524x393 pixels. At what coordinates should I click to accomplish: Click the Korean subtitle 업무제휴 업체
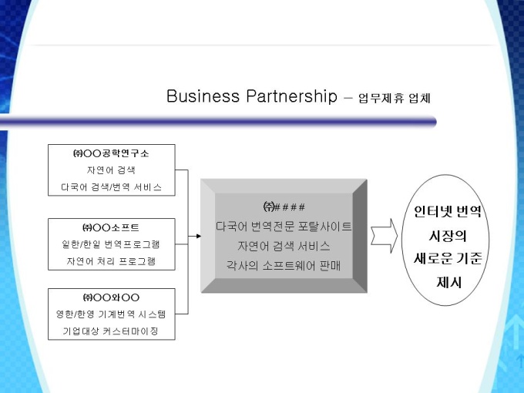(395, 98)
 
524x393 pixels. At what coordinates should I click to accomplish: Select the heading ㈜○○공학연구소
(111, 153)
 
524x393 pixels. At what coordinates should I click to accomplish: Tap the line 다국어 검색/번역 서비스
(111, 187)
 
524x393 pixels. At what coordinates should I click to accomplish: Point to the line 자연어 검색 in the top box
(111, 170)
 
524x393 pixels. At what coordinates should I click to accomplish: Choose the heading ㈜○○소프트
(111, 227)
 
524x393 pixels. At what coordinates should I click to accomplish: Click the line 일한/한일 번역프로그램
(111, 244)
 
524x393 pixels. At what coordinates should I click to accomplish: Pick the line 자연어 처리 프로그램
(111, 261)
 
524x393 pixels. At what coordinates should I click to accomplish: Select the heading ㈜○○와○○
(111, 297)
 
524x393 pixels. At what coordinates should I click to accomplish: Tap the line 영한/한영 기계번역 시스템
(111, 314)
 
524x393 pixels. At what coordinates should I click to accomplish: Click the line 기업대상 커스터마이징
(111, 331)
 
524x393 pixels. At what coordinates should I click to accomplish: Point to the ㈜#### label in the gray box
(284, 207)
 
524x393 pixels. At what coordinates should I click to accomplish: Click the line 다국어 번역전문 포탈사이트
(284, 227)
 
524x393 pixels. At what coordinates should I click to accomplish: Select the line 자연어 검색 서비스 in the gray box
(284, 246)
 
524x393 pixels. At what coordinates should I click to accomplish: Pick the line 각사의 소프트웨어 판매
(284, 266)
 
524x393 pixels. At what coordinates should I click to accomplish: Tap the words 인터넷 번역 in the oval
(448, 211)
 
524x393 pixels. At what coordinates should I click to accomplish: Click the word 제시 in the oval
(448, 282)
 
